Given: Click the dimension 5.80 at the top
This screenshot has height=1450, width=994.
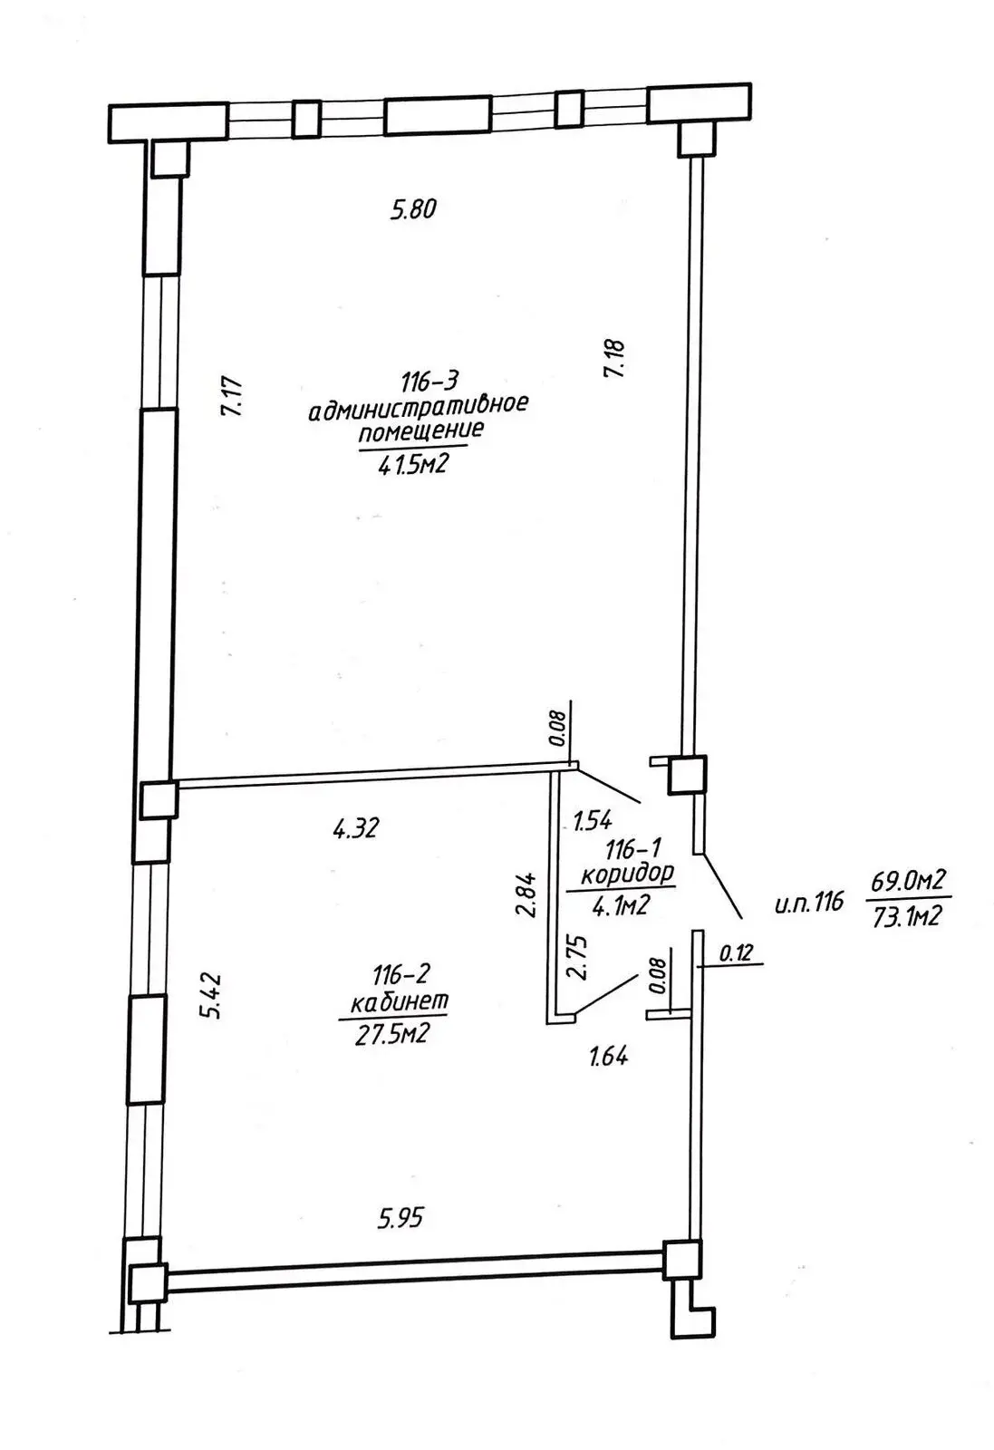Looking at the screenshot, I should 414,210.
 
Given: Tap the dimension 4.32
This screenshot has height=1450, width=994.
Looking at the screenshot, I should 355,826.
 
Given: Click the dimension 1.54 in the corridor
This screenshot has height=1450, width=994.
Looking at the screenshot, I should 594,821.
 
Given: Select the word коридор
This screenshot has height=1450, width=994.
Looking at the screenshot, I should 627,875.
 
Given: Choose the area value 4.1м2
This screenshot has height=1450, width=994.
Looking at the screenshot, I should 621,904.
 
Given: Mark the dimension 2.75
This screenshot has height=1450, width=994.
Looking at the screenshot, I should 577,957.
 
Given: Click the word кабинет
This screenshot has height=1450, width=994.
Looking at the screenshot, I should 400,1003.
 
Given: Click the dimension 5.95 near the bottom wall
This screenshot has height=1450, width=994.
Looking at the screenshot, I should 400,1218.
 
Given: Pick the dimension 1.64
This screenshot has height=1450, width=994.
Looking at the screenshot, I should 609,1056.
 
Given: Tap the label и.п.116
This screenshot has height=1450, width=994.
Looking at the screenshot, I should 809,902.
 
